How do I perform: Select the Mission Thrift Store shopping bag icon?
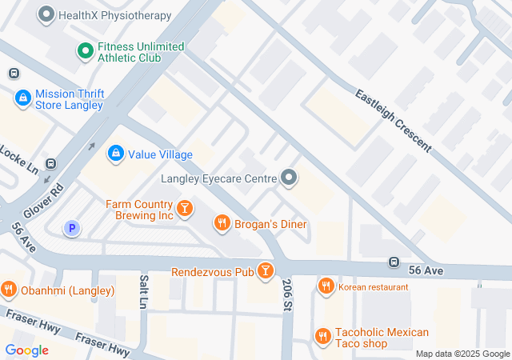[23, 98]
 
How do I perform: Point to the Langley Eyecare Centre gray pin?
[288, 178]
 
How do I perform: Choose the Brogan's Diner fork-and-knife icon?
[222, 224]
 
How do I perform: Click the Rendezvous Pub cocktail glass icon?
[265, 272]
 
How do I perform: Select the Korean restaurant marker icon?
[326, 286]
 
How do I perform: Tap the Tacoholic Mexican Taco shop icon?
[322, 337]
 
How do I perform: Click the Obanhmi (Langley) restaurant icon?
[9, 289]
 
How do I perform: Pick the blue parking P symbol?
[72, 229]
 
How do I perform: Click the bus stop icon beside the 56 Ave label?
[394, 262]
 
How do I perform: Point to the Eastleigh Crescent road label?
[394, 122]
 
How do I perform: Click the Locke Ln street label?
[18, 159]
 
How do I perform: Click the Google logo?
[27, 350]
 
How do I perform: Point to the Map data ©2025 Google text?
[462, 354]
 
